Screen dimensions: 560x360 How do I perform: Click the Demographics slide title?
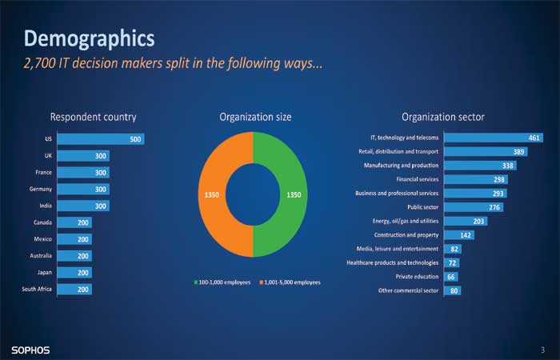pos(90,38)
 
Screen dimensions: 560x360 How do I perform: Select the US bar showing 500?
pos(101,139)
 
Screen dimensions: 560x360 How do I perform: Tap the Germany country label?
pos(40,189)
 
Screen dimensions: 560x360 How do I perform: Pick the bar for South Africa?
pos(74,289)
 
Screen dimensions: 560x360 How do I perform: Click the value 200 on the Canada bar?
pos(83,222)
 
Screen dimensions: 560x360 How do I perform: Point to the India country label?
pos(46,206)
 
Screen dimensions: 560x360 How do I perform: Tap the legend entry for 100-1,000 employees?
pos(222,282)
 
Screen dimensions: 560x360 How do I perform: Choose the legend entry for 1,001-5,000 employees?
pos(290,282)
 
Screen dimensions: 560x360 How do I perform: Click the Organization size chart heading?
pos(255,117)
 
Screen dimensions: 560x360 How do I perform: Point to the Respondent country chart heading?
pos(94,117)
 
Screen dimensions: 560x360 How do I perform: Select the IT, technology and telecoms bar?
pos(494,138)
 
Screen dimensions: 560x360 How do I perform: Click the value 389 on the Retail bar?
pos(518,152)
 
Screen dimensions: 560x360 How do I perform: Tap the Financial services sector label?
pos(417,179)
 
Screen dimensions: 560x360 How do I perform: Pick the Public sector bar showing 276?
pos(474,207)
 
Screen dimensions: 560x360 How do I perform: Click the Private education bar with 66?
pos(451,277)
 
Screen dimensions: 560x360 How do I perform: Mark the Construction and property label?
pos(406,235)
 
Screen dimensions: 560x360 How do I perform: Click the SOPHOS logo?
pos(30,350)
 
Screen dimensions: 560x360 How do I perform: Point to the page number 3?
pos(542,350)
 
